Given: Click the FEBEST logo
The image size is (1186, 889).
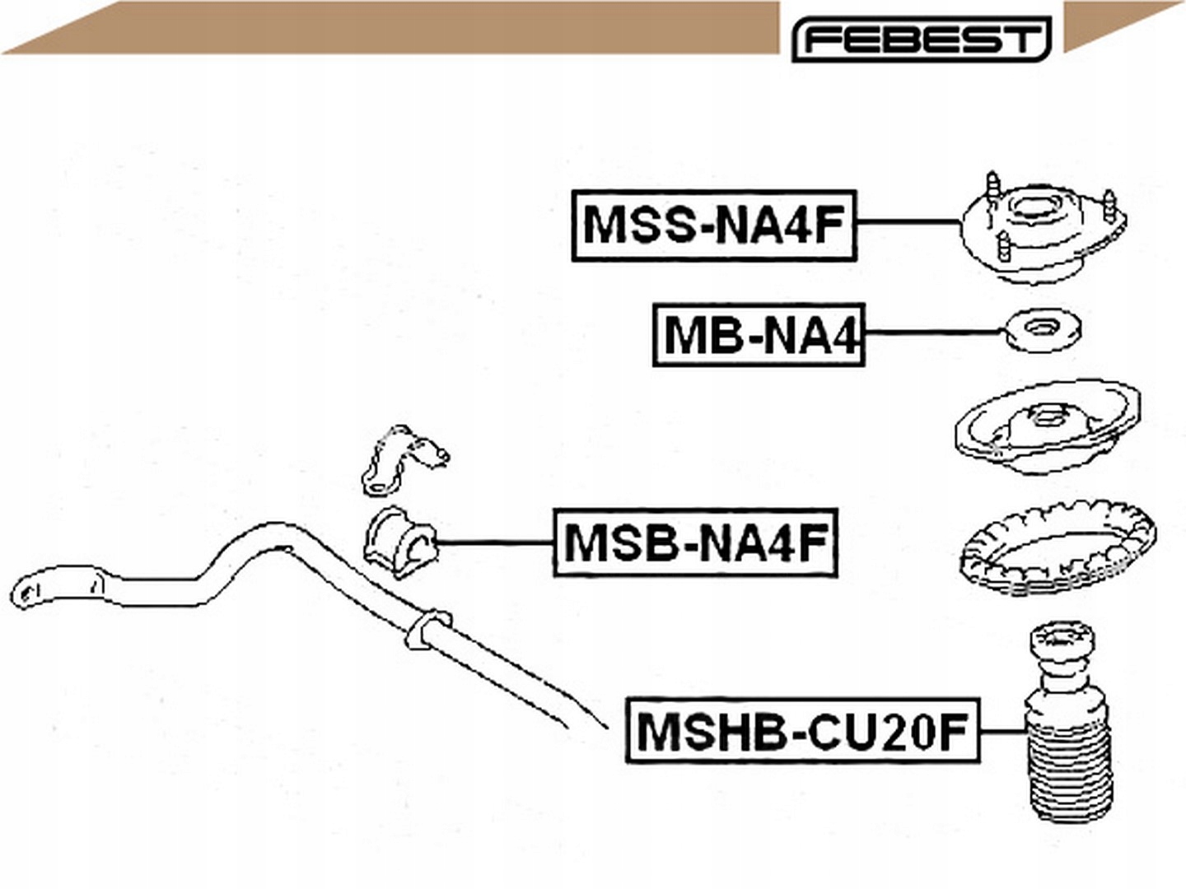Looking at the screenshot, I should pyautogui.click(x=921, y=39).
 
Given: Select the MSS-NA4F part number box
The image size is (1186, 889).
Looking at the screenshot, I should pyautogui.click(x=714, y=226).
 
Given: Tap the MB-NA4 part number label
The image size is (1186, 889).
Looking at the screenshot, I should pyautogui.click(x=759, y=334).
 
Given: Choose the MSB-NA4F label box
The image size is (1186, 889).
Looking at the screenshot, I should pyautogui.click(x=695, y=542).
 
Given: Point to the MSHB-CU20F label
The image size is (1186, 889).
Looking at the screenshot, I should pyautogui.click(x=802, y=731).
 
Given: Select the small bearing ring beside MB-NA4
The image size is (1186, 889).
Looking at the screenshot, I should pyautogui.click(x=1042, y=331).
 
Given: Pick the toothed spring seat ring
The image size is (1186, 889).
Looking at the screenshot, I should pyautogui.click(x=1058, y=547).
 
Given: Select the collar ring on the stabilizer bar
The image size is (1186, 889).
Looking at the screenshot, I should pyautogui.click(x=426, y=629).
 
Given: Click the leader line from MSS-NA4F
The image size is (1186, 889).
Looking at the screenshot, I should pyautogui.click(x=908, y=222).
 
